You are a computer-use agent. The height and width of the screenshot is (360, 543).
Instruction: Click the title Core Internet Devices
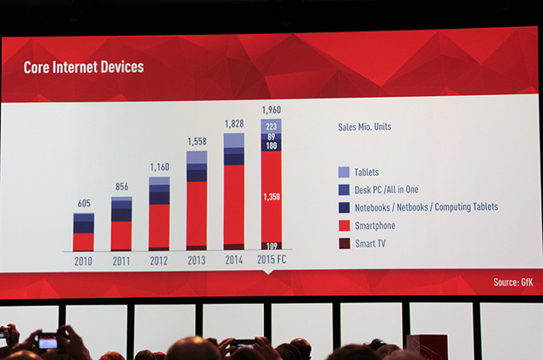click(x=82, y=66)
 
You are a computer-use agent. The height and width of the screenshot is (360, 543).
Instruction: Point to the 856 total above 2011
click(x=121, y=187)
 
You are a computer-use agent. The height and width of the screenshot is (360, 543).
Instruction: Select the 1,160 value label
click(x=160, y=167)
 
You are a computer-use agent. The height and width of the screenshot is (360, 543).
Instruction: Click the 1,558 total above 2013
click(x=197, y=141)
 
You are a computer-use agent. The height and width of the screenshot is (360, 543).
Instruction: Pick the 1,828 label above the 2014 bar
click(x=233, y=123)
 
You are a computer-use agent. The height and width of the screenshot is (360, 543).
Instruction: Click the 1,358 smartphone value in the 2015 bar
click(x=271, y=197)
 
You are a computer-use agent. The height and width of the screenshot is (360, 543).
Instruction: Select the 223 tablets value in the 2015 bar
click(x=271, y=126)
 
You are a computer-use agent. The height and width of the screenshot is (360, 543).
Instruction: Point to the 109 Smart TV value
click(x=271, y=246)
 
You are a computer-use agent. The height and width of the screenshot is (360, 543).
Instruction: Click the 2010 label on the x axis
click(x=83, y=262)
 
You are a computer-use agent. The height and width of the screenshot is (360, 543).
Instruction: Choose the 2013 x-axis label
click(x=197, y=262)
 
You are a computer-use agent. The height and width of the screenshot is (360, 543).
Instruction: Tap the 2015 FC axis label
click(x=271, y=262)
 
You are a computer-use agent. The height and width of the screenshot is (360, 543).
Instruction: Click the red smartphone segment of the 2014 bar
click(x=234, y=204)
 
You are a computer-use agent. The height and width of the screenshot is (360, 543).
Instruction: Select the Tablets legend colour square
click(x=343, y=172)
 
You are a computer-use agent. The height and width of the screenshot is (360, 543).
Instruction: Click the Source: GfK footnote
click(x=512, y=282)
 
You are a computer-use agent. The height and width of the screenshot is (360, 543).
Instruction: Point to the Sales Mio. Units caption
click(x=365, y=127)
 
